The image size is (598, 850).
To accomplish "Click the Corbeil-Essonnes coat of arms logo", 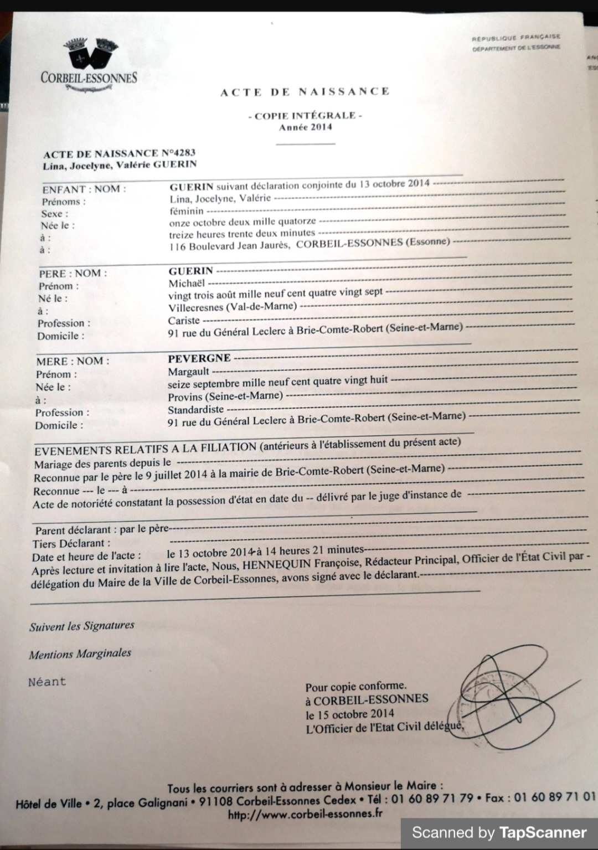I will point(88,53).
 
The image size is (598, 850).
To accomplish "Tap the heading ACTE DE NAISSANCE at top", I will point(305,92).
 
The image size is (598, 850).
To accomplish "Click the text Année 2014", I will point(305,127).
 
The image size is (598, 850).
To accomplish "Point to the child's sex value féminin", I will point(187,211).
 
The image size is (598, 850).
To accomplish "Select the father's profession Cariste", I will point(184,320).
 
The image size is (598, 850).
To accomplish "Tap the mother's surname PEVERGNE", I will point(199,358).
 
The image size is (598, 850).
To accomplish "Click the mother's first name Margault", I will point(189,371).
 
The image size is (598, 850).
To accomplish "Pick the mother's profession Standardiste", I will point(195,409).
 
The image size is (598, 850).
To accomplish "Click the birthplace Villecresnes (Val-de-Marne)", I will point(232,307).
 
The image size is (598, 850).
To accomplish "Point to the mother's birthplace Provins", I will point(185,396).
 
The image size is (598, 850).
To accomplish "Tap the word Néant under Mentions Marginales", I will point(47,682).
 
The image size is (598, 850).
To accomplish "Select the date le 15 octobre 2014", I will point(349,714).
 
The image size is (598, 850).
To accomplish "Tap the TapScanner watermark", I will point(499,832).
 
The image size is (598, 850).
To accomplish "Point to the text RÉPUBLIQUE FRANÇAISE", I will point(516,38).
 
